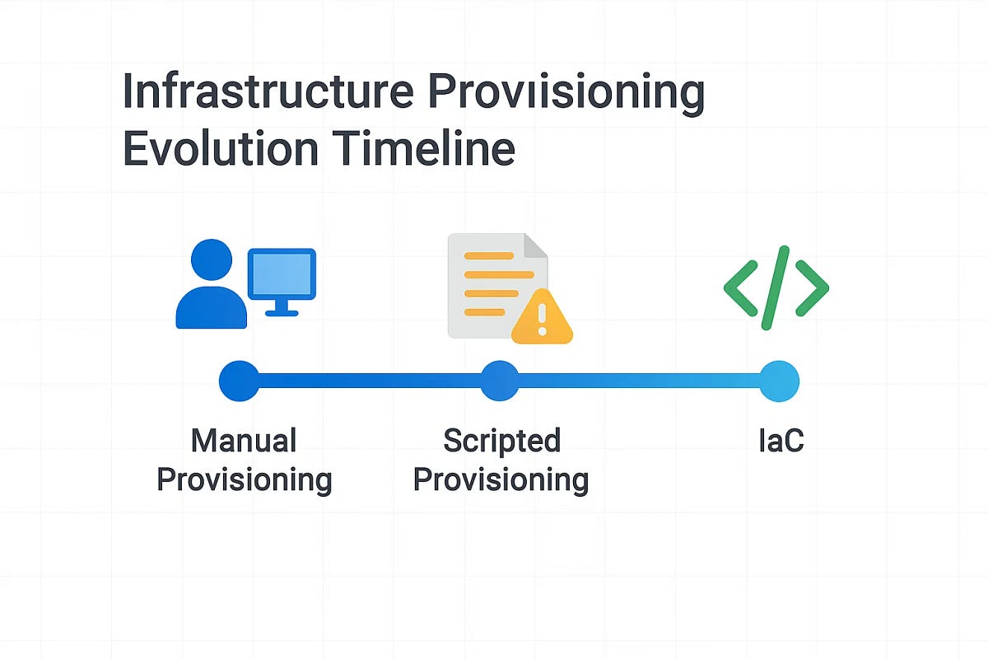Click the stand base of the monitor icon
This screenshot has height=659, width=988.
pyautogui.click(x=282, y=311)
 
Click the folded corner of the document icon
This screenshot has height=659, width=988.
pyautogui.click(x=536, y=245)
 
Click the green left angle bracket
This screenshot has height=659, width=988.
pyautogui.click(x=739, y=288)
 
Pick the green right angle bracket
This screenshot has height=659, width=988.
pyautogui.click(x=813, y=288)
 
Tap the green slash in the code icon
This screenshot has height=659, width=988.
pyautogui.click(x=776, y=287)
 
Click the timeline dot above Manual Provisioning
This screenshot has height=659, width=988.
pyautogui.click(x=239, y=381)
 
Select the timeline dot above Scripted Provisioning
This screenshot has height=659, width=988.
pyautogui.click(x=499, y=381)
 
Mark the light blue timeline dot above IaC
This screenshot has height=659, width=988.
pyautogui.click(x=779, y=381)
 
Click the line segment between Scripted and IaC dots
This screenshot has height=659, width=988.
pyautogui.click(x=639, y=381)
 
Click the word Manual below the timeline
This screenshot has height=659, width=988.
pyautogui.click(x=244, y=442)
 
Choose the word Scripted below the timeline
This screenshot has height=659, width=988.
pyautogui.click(x=501, y=442)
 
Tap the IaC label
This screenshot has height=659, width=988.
pyautogui.click(x=781, y=442)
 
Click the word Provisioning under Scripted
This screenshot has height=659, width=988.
pyautogui.click(x=501, y=479)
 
